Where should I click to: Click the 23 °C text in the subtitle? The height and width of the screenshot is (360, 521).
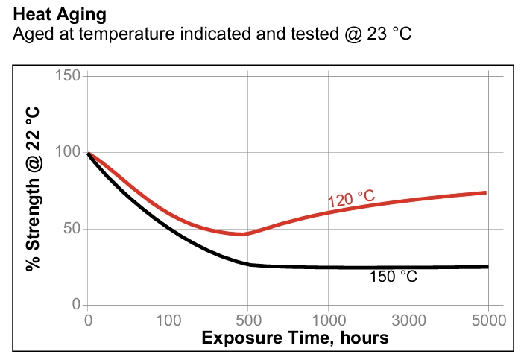click(388, 34)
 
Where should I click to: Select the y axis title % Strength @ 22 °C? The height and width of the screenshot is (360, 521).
click(33, 189)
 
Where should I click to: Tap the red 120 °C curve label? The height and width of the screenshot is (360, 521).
click(351, 198)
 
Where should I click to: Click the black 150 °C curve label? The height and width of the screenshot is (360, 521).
click(393, 277)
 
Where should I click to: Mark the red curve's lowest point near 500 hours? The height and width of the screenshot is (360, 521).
click(243, 234)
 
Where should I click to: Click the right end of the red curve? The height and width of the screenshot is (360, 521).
click(486, 192)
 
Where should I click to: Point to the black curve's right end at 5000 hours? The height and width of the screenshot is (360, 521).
click(487, 266)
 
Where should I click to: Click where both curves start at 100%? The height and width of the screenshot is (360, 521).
click(89, 153)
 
